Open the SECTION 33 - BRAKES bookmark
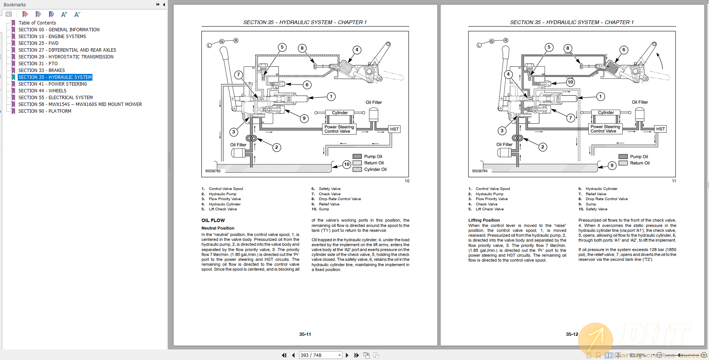coord(41,70)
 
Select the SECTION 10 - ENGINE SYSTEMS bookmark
coord(52,37)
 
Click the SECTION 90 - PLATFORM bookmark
coord(45,111)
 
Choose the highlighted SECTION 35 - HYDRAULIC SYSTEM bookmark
coord(55,77)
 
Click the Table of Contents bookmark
coord(37,23)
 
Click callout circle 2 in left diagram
coord(276,147)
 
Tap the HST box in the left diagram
coord(394,129)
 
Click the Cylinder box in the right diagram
coord(606,113)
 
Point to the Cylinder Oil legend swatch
coord(357,170)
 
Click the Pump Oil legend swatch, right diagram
coord(623,157)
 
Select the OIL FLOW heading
coord(213,221)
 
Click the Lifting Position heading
coord(484,220)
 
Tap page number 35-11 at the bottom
coord(305,334)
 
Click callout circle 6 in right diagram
coord(624,50)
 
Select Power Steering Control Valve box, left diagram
coord(339,129)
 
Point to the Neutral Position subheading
coord(218,228)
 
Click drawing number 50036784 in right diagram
coord(480,171)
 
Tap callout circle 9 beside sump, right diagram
coord(612,165)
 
